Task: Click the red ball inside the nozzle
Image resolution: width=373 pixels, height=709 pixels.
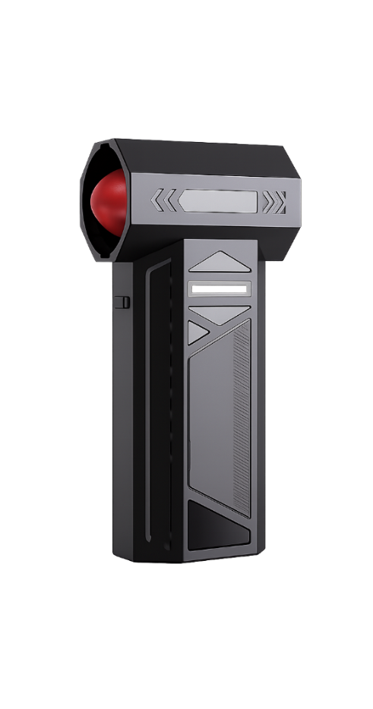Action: (107, 200)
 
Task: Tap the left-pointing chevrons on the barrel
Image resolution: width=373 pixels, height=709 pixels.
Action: (163, 200)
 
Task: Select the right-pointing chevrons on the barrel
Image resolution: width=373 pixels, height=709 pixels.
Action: (274, 202)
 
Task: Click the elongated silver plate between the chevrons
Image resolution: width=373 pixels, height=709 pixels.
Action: (218, 201)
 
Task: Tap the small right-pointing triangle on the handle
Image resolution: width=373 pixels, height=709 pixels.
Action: (198, 331)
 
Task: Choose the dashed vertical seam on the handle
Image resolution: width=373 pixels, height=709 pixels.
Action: (172, 410)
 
